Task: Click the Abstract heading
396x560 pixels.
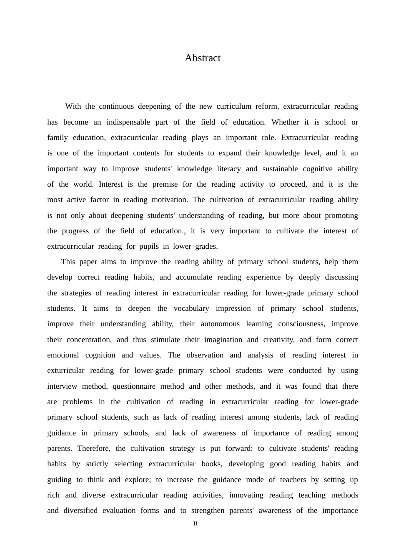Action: [x=203, y=58]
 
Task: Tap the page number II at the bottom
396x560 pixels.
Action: [x=195, y=524]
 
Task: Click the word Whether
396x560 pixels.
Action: [x=285, y=122]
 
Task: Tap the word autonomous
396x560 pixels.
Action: [x=220, y=324]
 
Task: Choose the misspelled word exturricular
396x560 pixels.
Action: [x=66, y=370]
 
